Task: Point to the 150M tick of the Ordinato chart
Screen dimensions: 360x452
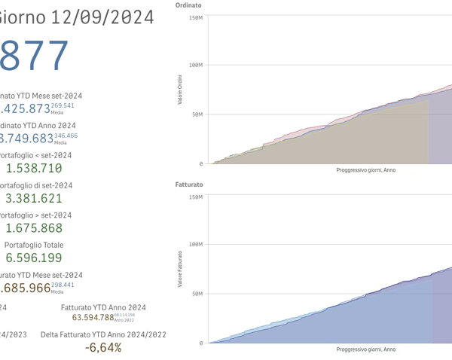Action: point(195,17)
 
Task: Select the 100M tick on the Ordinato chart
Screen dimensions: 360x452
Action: point(195,66)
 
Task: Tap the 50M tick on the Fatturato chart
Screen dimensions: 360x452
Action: point(197,294)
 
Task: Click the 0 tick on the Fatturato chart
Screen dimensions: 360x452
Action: point(200,343)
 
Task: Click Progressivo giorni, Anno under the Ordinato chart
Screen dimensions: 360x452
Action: point(365,170)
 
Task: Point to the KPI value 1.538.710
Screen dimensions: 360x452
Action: point(34,168)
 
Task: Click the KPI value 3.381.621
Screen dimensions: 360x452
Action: point(34,199)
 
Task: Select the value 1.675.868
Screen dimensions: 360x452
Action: point(34,228)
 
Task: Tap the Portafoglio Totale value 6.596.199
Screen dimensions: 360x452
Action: point(34,258)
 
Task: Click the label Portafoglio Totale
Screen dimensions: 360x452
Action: point(34,245)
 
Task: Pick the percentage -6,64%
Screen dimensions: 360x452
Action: point(103,347)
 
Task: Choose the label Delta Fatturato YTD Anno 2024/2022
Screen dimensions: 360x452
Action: point(103,334)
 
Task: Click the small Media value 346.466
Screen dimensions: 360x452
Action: point(66,136)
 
